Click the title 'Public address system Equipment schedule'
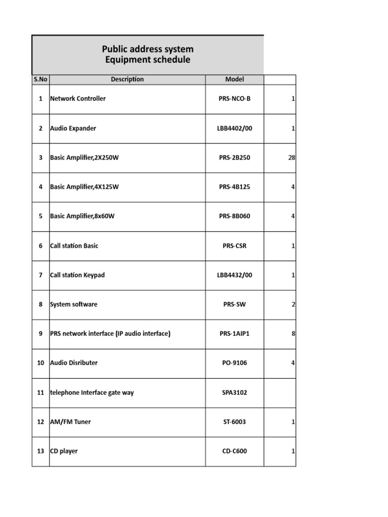tap(148, 55)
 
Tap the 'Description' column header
tap(127, 79)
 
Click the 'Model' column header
tap(234, 79)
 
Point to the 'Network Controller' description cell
tap(78, 99)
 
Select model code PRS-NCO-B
tap(234, 99)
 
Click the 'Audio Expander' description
tap(73, 128)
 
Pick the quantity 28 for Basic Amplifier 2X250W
tap(292, 158)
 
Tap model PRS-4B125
tap(234, 187)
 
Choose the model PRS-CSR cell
tap(234, 246)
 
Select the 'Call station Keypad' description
tap(77, 275)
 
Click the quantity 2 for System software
tap(293, 304)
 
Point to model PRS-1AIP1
tap(234, 334)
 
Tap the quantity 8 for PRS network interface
tap(293, 334)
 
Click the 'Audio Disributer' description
tap(74, 363)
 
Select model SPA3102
tap(234, 392)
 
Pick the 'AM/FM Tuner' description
tap(70, 422)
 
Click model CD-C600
tap(234, 451)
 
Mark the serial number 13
tap(40, 451)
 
